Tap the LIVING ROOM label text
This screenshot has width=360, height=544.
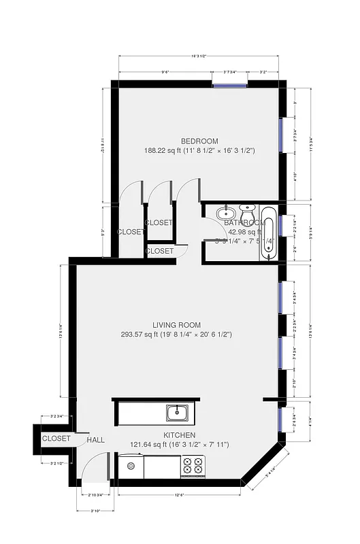tap(176, 325)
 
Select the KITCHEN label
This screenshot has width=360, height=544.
tap(180, 435)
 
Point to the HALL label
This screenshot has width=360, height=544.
tap(96, 440)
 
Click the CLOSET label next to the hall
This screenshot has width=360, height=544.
tap(56, 439)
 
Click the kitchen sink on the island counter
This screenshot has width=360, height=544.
tap(178, 412)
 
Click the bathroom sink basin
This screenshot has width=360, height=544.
tap(225, 214)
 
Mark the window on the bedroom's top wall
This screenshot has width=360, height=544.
tap(229, 84)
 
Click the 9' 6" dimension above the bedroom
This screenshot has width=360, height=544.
tap(165, 71)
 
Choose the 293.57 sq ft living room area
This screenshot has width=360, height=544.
tap(176, 335)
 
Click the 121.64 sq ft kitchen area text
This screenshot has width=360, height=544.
tap(180, 445)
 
